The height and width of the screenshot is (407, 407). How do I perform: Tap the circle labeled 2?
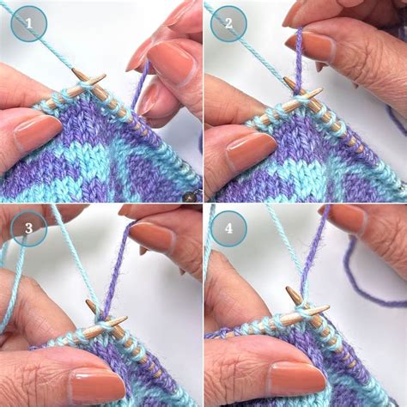click(229, 24)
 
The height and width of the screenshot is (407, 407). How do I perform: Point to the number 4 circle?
click(229, 228)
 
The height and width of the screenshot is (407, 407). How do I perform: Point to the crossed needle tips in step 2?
click(302, 94)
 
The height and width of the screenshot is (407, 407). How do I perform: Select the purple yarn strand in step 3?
click(118, 266)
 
